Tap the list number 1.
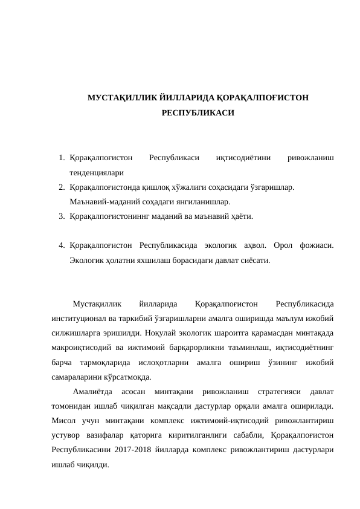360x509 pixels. tap(62, 158)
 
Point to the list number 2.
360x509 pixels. tap(62, 187)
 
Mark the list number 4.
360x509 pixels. tap(62, 245)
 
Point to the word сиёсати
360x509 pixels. tap(256, 260)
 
